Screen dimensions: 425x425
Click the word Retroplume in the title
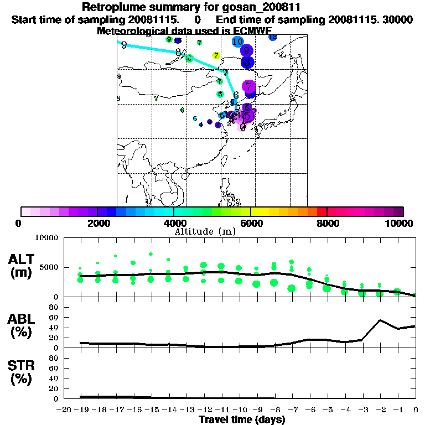(114, 7)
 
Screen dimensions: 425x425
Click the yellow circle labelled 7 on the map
(216, 55)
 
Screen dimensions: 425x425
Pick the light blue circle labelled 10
(238, 42)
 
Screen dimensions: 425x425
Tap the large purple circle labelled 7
(249, 87)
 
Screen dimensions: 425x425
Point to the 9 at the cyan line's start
(123, 45)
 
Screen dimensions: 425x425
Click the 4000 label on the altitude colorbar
(174, 223)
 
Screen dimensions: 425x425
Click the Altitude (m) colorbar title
(205, 231)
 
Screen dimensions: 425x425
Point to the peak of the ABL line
(380, 320)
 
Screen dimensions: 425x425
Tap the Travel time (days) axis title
(242, 419)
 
